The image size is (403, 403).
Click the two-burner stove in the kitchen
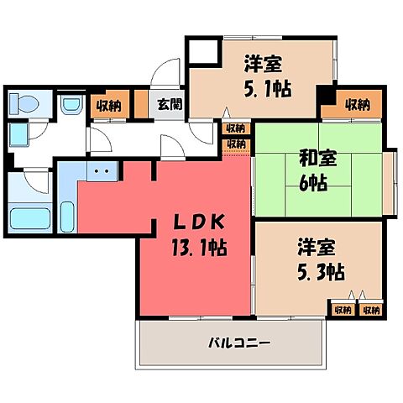[x=103, y=171]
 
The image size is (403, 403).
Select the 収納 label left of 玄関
[x=108, y=105]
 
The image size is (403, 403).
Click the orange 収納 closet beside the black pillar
[x=359, y=104]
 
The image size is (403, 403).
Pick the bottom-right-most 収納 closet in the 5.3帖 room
[x=370, y=310]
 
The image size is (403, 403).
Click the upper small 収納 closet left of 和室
[x=236, y=128]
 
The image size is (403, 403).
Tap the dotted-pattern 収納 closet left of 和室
[x=236, y=144]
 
